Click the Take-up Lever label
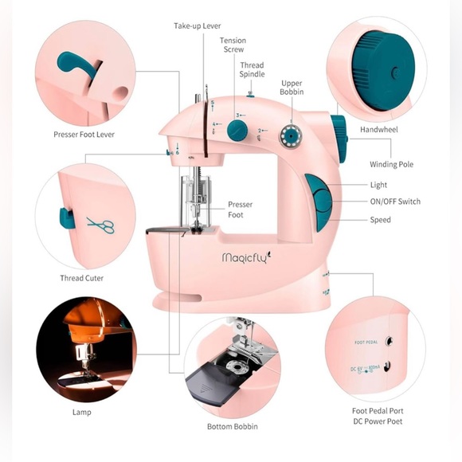point(197,26)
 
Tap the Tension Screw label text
point(233,45)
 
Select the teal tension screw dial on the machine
point(237,130)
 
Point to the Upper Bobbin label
point(292,88)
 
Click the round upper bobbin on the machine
point(291,136)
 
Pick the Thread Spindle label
point(252,69)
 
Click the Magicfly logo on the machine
point(247,257)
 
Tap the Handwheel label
point(379,130)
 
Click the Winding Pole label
point(392,164)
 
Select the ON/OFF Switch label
point(395,202)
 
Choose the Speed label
point(381,220)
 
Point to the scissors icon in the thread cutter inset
point(100,225)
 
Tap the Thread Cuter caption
point(81,278)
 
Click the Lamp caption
point(81,412)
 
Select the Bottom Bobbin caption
point(233,427)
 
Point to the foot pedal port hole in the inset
point(389,341)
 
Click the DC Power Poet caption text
point(378,421)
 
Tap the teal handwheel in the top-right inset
point(383,71)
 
